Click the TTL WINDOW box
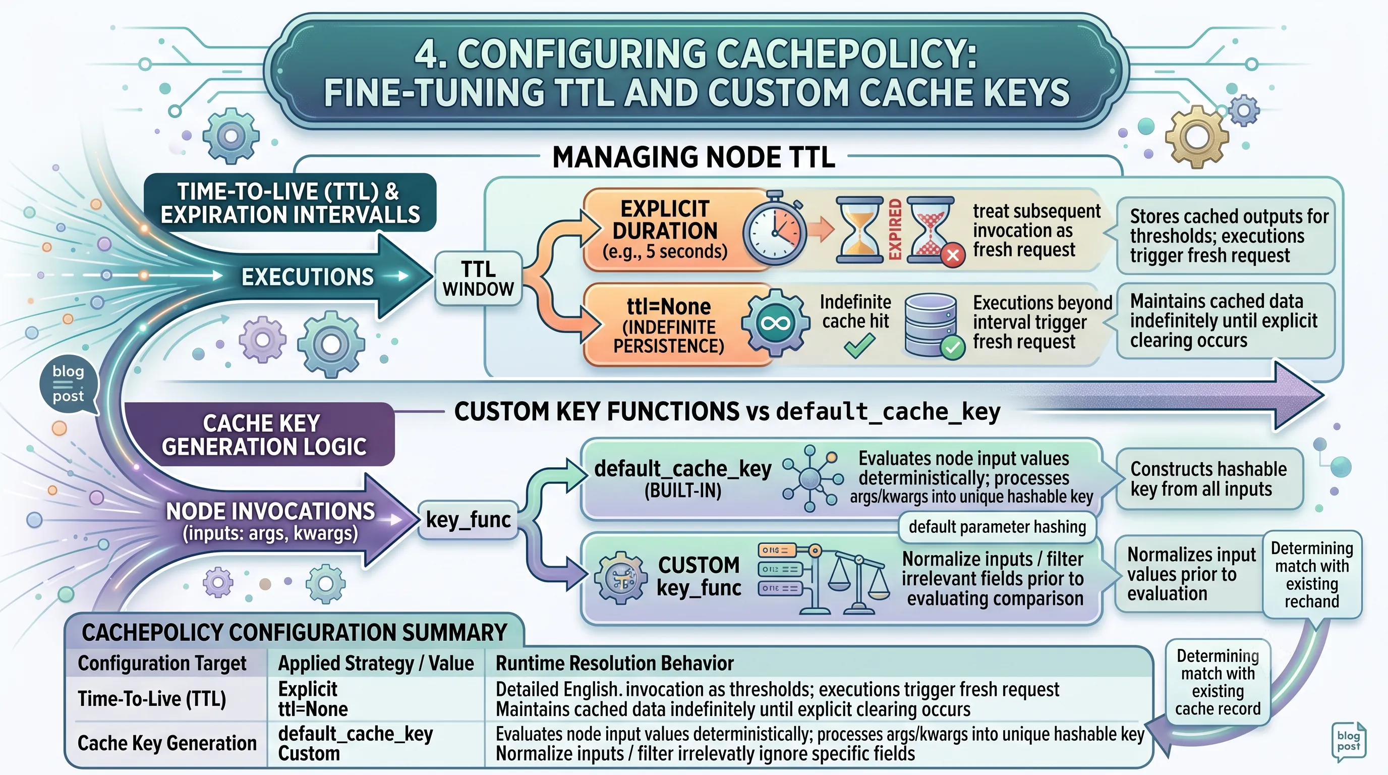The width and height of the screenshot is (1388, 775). [479, 279]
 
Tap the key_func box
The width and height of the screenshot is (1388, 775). [468, 520]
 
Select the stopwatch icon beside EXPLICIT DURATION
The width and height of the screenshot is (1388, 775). [775, 229]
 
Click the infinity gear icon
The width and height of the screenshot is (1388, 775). [776, 323]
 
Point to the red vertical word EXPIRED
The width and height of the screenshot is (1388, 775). [895, 229]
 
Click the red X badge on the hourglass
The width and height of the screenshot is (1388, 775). [953, 254]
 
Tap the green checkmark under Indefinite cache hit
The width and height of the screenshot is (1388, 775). [859, 346]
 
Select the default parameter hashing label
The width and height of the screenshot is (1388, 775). [997, 527]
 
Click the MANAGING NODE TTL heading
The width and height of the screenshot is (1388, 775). [693, 157]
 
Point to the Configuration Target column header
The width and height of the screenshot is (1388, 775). [161, 663]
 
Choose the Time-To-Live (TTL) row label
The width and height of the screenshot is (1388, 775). [152, 699]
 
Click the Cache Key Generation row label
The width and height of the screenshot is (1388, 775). [167, 743]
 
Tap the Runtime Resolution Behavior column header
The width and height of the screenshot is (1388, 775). [615, 663]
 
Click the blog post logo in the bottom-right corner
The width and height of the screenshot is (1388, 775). [1348, 742]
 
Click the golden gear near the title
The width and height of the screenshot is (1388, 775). [1197, 136]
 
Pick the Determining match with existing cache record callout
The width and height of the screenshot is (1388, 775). [1218, 682]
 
